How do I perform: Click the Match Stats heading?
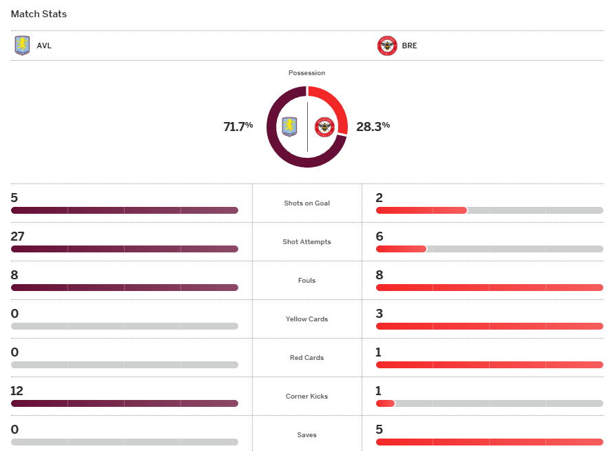[39, 14]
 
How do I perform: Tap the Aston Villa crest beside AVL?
[22, 46]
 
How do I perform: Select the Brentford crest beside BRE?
[387, 46]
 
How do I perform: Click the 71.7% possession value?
[238, 126]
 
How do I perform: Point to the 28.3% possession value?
[373, 126]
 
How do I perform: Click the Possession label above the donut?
[306, 72]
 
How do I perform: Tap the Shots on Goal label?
[306, 203]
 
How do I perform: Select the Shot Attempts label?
[306, 242]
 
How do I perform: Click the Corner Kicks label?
[306, 397]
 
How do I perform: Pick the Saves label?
[306, 435]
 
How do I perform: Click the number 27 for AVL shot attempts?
[17, 237]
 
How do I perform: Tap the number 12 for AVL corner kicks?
[17, 391]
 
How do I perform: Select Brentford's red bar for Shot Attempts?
[401, 249]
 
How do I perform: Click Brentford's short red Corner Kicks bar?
[385, 403]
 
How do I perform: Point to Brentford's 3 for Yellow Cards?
[380, 314]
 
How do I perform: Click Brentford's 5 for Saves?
[380, 430]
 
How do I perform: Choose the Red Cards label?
[306, 358]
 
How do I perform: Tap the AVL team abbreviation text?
[44, 46]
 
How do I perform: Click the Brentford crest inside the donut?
[324, 127]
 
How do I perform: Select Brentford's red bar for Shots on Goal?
[421, 210]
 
